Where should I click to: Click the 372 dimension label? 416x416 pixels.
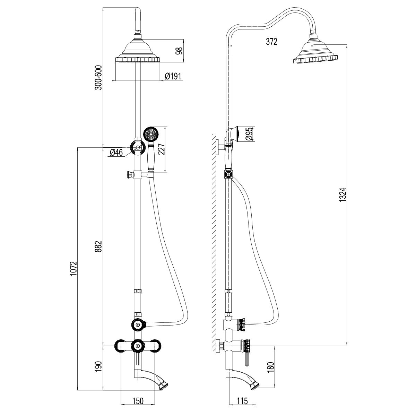(271, 42)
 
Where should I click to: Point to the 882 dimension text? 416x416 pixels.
(99, 246)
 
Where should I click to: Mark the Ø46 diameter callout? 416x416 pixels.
(116, 152)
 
